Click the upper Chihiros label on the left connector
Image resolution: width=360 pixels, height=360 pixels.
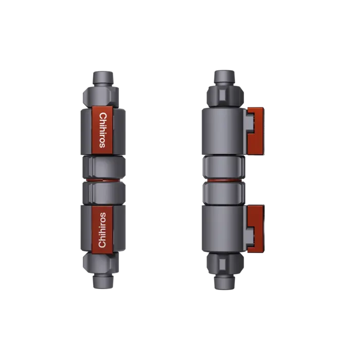103,130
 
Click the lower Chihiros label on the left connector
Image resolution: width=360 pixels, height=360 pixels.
102,229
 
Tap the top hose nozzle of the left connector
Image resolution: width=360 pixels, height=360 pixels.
102,78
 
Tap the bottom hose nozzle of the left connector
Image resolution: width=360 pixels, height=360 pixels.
102,282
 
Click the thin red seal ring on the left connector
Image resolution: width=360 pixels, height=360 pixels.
102,180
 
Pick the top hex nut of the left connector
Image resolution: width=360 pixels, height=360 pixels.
102,95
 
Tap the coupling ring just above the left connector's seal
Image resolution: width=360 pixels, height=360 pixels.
102,167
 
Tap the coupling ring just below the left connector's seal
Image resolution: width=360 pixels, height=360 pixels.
102,193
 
